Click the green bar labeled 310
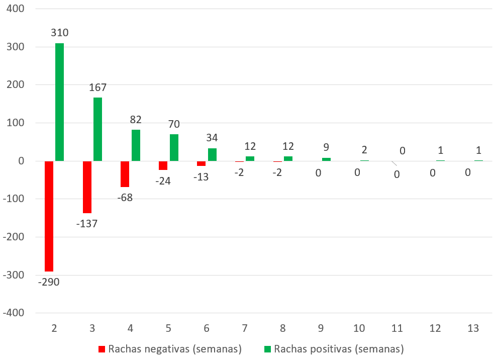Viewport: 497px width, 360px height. point(59,102)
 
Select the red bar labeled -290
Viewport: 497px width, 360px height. point(49,216)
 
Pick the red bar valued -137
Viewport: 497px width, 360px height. point(87,187)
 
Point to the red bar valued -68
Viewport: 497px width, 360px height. point(125,174)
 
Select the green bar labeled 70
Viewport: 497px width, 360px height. point(174,148)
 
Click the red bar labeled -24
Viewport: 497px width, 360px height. point(163,165)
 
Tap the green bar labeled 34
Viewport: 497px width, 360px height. point(212,154)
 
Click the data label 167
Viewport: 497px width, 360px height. point(97,87)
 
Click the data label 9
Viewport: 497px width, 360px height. point(326,147)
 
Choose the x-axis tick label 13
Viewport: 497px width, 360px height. point(473,328)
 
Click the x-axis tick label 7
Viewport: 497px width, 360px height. point(244,328)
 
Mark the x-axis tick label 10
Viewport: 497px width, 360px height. point(359,328)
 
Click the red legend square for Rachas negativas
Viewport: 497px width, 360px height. point(102,348)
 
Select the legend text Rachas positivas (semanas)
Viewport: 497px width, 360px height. point(339,348)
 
